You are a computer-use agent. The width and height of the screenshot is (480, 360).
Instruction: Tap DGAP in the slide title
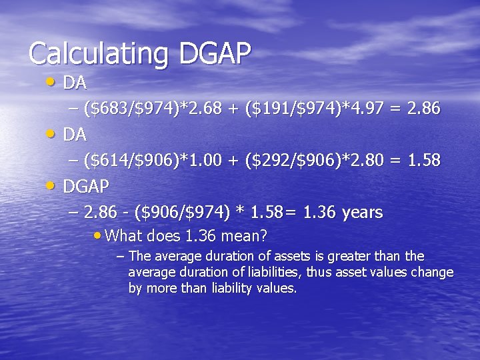point(214,53)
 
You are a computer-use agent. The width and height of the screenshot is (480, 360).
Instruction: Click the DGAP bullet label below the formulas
point(86,186)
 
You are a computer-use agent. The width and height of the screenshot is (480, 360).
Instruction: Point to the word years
point(361,213)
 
